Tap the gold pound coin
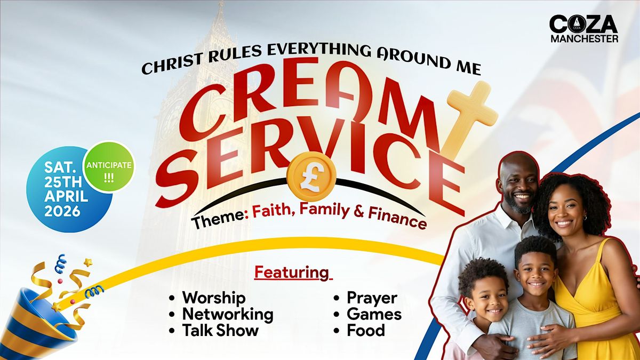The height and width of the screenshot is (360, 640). click(311, 177)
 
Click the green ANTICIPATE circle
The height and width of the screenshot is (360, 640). click(109, 166)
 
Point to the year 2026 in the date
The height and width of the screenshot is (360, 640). click(62, 211)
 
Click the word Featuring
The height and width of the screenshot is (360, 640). click(292, 272)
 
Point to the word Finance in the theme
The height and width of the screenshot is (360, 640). click(397, 218)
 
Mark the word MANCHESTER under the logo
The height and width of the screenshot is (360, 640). click(585, 39)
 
